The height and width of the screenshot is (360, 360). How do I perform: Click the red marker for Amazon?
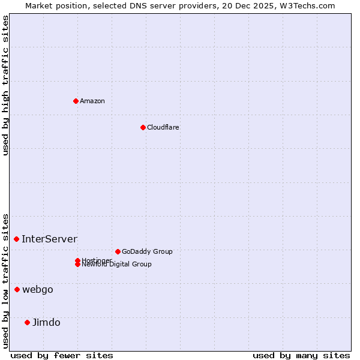tap(76, 101)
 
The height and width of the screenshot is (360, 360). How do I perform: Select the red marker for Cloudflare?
tap(143, 127)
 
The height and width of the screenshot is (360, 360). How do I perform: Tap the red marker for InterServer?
tap(17, 239)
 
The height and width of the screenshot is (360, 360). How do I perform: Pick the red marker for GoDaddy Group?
tap(118, 251)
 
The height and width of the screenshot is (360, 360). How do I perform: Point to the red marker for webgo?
tap(17, 289)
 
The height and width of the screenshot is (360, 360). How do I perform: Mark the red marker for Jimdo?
tap(27, 322)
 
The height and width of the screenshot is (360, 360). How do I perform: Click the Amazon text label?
tap(92, 101)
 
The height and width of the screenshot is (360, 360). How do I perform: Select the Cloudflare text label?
tap(163, 127)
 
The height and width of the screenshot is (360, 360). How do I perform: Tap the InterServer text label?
tap(50, 239)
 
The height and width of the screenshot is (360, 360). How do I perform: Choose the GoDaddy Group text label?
tap(147, 251)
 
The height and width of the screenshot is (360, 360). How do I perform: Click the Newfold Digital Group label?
tap(117, 265)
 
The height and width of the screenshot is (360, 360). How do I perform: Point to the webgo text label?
tap(38, 289)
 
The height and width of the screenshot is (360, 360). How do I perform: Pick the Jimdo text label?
tap(46, 322)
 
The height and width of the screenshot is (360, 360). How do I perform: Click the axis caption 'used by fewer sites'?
tap(62, 355)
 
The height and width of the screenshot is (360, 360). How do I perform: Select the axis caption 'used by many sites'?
tap(301, 355)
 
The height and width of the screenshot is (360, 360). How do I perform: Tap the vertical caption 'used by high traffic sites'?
tap(5, 85)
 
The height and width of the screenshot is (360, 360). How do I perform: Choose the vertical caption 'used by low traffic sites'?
tap(5, 281)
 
